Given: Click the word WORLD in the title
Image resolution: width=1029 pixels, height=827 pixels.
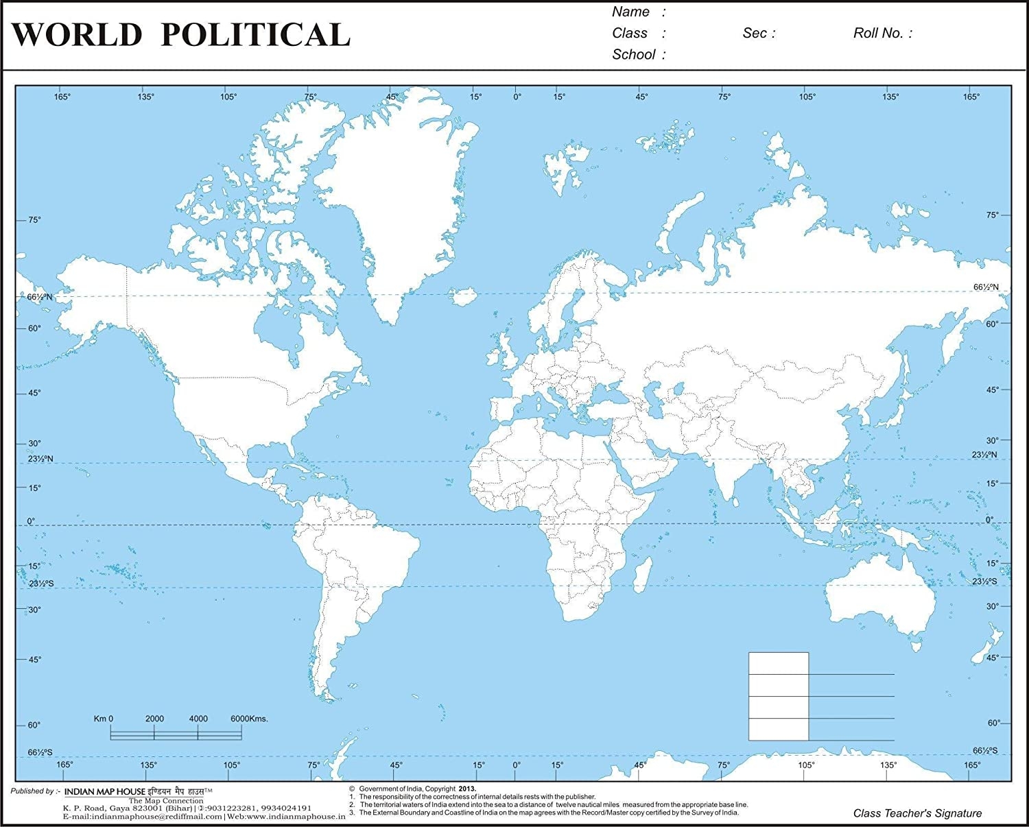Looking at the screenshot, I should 77,35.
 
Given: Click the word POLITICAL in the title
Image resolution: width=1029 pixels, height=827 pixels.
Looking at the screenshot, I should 255,35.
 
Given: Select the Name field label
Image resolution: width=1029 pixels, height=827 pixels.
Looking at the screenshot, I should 630,12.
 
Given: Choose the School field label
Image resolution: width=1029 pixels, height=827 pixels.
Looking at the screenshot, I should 634,54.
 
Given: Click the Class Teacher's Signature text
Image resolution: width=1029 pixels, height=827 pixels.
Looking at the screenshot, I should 917,813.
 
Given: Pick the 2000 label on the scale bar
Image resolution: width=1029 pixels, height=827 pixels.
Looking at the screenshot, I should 154,719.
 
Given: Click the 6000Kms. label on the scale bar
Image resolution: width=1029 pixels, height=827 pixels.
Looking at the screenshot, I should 249,719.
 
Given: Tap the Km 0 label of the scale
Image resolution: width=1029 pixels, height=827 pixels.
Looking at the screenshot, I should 104,719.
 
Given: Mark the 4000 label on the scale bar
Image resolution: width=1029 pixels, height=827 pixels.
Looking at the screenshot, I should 198,719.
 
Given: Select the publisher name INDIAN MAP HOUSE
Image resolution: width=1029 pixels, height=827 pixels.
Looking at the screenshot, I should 105,791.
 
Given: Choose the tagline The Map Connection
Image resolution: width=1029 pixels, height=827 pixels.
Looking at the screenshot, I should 166,800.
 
